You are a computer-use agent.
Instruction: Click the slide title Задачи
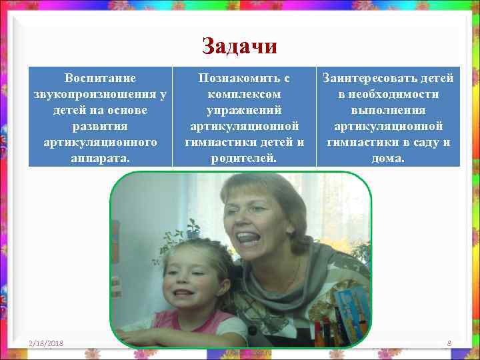pyautogui.click(x=239, y=46)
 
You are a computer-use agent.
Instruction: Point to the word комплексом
pyautogui.click(x=244, y=94)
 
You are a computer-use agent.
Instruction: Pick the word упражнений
pyautogui.click(x=244, y=110)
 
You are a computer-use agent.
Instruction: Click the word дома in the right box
pyautogui.click(x=389, y=158)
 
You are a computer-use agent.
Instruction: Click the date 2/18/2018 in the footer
pyautogui.click(x=46, y=343)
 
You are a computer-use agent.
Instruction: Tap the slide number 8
pyautogui.click(x=449, y=343)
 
